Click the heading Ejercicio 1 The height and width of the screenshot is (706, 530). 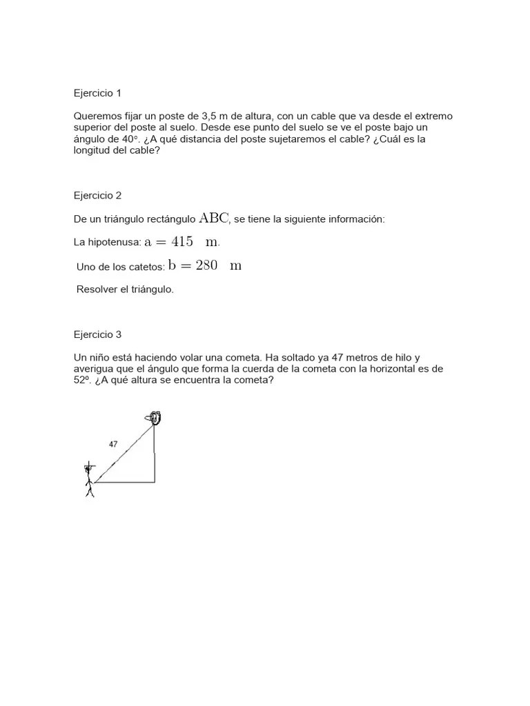tap(97, 92)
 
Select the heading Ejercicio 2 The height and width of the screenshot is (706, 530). tap(97, 195)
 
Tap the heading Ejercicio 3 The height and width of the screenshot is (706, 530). tap(97, 334)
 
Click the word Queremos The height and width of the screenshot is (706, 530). tap(96, 117)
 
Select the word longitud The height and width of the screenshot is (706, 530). tap(93, 150)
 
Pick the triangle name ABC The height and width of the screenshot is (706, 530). tap(213, 219)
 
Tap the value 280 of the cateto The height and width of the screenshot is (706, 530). tap(207, 265)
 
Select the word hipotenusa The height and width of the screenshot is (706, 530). tap(115, 243)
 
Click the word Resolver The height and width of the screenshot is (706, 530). tap(98, 290)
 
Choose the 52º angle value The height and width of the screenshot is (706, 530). tap(82, 380)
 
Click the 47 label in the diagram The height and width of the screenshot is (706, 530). tap(113, 445)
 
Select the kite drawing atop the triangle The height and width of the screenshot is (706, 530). tap(153, 418)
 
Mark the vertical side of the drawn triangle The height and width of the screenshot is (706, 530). tap(155, 455)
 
